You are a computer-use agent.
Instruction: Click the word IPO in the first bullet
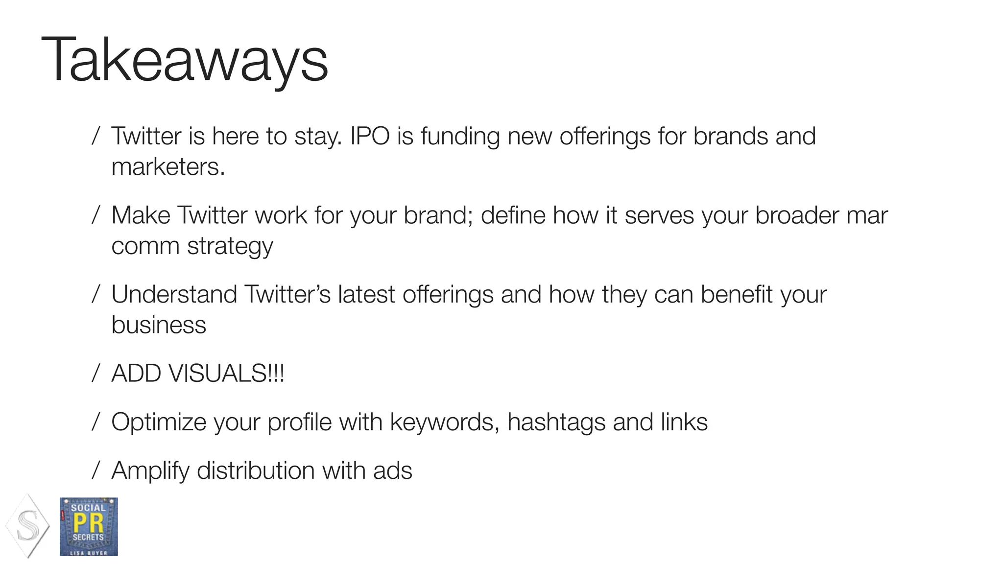(x=370, y=136)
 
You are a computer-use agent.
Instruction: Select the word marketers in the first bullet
(x=167, y=167)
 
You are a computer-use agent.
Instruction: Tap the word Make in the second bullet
(x=141, y=215)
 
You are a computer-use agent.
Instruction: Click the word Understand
(x=174, y=295)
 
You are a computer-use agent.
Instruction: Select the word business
(x=159, y=325)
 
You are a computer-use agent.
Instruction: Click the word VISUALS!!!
(x=226, y=374)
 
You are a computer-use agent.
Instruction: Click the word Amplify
(x=150, y=471)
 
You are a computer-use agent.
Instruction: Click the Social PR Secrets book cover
(x=89, y=527)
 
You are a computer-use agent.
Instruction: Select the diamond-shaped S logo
(x=28, y=526)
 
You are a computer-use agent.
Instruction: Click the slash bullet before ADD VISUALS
(x=96, y=374)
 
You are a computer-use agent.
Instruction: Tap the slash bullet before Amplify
(x=96, y=471)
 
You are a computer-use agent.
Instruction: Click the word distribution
(x=256, y=471)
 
